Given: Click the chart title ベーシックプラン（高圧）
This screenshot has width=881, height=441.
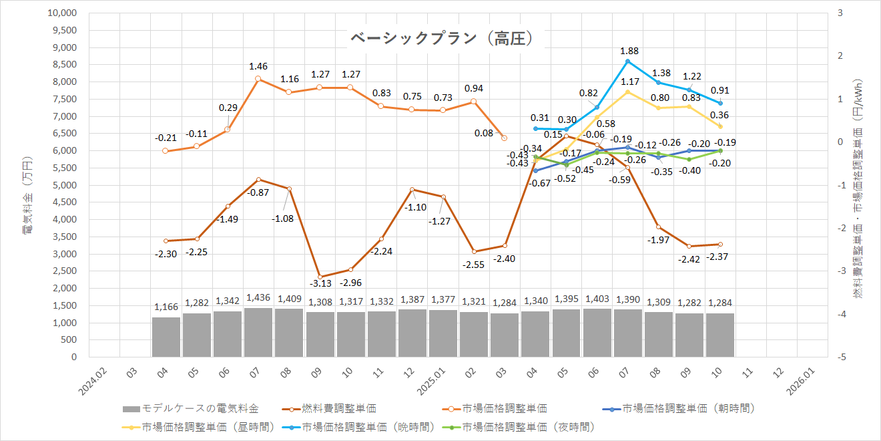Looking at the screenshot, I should click(442, 39).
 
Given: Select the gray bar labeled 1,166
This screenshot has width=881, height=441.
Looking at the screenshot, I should click(166, 337).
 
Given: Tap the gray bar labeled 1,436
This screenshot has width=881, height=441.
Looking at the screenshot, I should click(258, 333).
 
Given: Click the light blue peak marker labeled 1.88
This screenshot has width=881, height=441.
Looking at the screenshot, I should click(628, 61).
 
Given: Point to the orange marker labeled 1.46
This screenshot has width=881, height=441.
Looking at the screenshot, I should click(258, 79).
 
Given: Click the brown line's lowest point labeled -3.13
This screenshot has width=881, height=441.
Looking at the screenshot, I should click(320, 277).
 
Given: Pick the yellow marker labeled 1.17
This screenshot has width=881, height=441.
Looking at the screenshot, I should click(628, 92).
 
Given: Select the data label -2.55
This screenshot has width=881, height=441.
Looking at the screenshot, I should click(473, 264).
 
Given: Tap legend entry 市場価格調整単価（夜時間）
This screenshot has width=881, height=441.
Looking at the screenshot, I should click(528, 426).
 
